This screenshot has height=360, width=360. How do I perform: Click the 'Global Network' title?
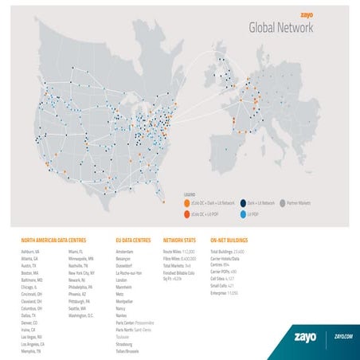(x=281, y=29)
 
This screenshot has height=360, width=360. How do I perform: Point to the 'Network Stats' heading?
(x=179, y=239)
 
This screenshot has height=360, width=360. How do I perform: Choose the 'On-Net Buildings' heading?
(x=229, y=239)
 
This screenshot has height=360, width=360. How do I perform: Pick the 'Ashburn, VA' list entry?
(x=32, y=252)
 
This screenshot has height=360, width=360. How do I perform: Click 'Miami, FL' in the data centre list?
(x=77, y=252)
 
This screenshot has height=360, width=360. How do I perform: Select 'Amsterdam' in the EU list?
(x=127, y=252)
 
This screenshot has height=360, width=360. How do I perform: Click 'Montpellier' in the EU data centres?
(x=127, y=293)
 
